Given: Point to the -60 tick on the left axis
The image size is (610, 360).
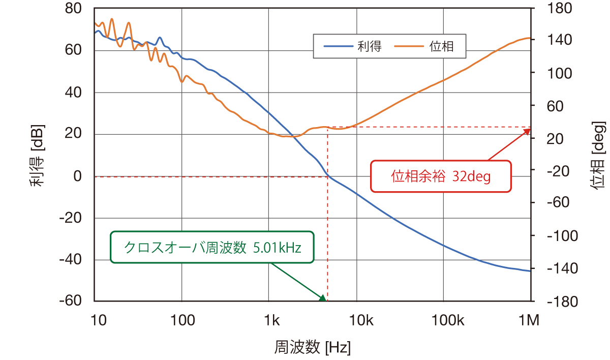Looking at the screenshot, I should pos(71,301).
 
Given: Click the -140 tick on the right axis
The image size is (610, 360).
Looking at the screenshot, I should pos(560,268).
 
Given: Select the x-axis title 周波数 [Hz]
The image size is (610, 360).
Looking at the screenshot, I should pos(312,348).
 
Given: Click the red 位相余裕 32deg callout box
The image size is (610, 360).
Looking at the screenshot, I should pos(440,176).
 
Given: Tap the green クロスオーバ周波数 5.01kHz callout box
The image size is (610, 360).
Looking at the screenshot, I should pos(212,248).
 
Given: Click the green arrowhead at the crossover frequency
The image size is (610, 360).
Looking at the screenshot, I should pos(322,297).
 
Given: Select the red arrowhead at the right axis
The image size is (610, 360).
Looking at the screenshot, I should pos(527,131).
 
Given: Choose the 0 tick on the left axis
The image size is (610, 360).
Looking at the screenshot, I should pos(78,176).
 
